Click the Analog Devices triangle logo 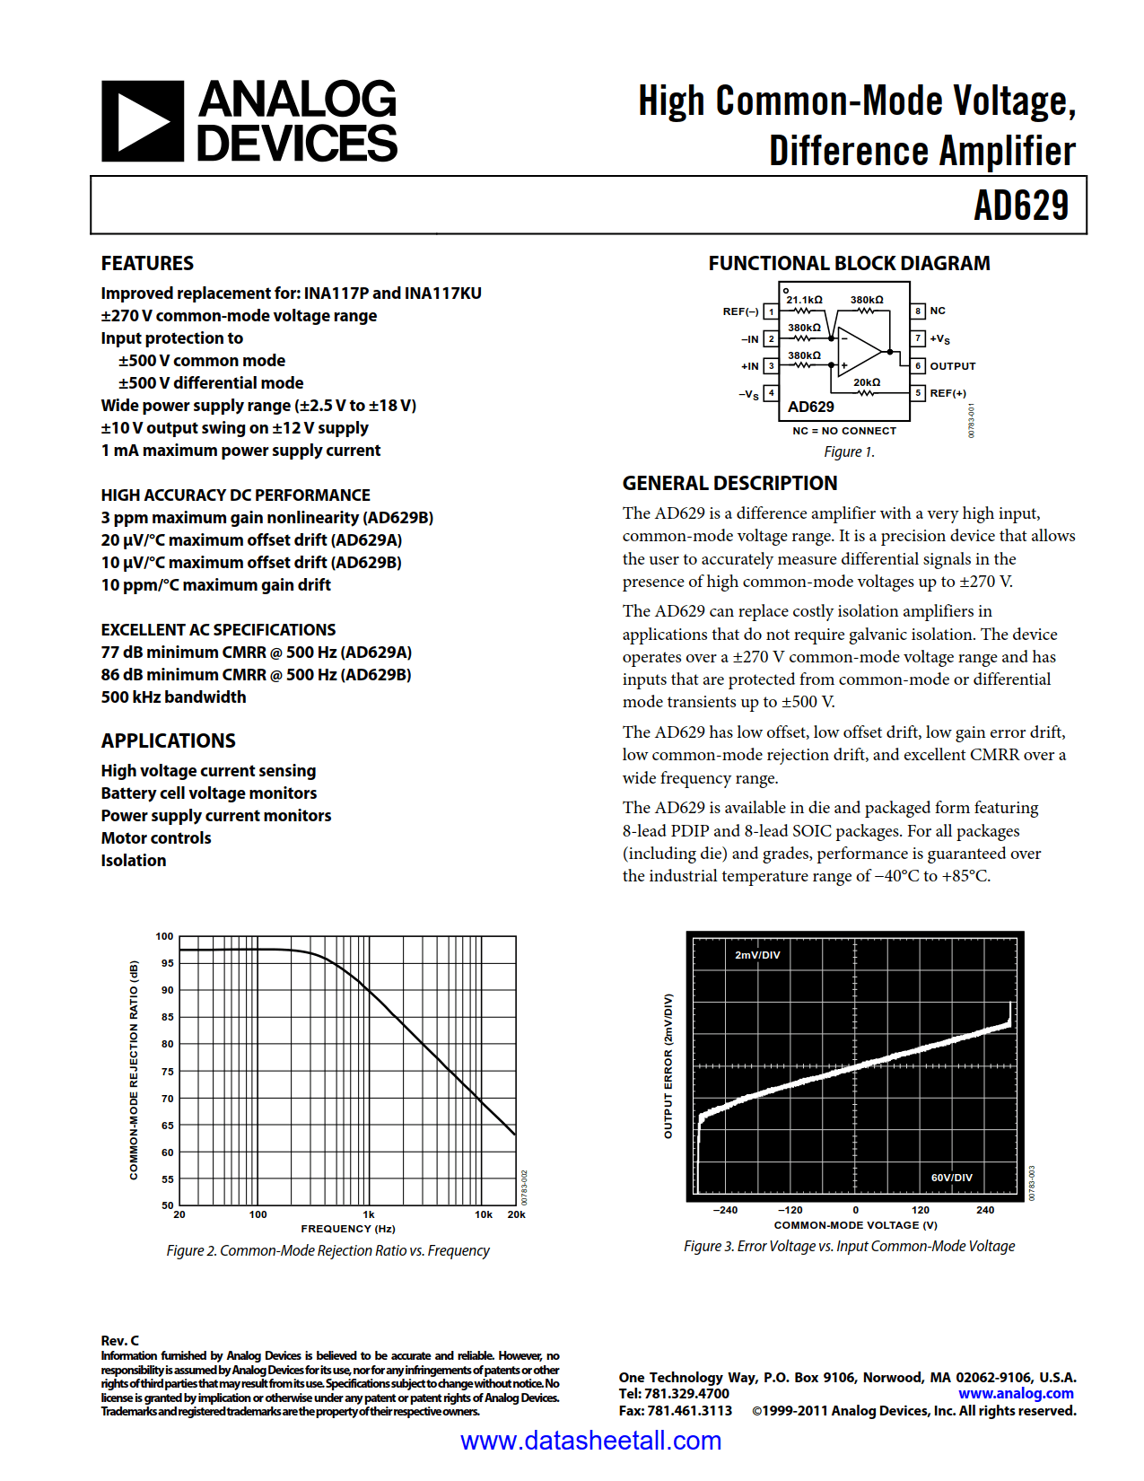(x=143, y=121)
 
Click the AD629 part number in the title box (x=1021, y=206)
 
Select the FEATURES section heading (x=147, y=263)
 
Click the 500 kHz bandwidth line (x=173, y=697)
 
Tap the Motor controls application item (x=156, y=838)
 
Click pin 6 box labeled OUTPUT (x=918, y=366)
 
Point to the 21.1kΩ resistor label (x=805, y=300)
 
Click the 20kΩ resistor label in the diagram (x=867, y=382)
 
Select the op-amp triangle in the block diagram (x=857, y=351)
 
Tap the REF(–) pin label (x=740, y=311)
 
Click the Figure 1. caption (x=849, y=452)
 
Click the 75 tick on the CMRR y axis (x=168, y=1072)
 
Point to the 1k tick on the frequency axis (x=369, y=1214)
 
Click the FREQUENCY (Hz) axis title (x=348, y=1229)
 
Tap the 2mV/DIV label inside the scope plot (x=757, y=955)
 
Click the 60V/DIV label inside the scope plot (x=951, y=1178)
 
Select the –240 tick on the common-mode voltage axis (x=725, y=1210)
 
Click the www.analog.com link (x=1016, y=1394)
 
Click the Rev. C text (x=120, y=1340)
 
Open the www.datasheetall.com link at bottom (x=590, y=1441)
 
